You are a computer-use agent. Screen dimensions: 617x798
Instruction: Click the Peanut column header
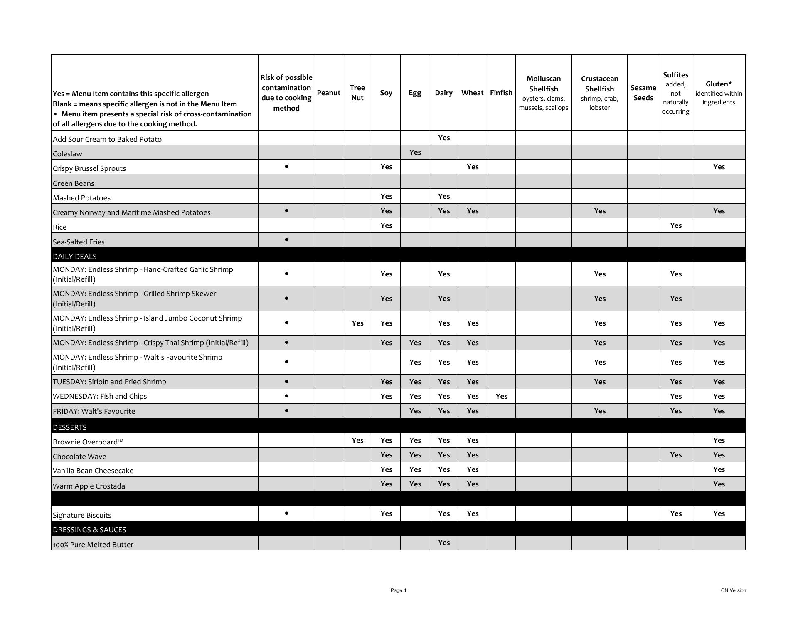328,93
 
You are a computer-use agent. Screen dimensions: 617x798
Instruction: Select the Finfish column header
501,93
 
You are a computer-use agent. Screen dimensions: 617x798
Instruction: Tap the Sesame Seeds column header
643,93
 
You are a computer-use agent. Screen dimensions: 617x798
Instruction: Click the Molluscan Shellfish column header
543,93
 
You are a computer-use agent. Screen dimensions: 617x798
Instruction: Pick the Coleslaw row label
67,154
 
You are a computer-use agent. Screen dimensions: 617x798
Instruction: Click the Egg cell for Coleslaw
415,152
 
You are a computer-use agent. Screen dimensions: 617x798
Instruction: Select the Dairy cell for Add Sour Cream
443,138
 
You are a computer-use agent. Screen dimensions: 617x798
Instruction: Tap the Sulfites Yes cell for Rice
675,225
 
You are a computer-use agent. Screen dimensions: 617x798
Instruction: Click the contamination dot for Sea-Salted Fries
286,240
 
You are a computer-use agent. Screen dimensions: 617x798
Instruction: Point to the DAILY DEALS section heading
75,257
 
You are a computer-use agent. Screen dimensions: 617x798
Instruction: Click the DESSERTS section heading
70,427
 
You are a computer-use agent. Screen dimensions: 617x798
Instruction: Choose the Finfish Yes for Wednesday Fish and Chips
501,396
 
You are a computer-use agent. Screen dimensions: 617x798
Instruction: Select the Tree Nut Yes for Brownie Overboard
357,440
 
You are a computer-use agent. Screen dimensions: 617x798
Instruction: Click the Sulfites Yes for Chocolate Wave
675,455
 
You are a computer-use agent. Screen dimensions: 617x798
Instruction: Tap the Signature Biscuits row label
82,515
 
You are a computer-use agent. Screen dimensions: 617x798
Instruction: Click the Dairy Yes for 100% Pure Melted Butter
443,543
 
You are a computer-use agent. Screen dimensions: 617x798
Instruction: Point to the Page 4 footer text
398,590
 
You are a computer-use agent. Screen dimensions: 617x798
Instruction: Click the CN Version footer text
733,590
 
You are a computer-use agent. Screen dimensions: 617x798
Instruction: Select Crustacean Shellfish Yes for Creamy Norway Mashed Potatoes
599,211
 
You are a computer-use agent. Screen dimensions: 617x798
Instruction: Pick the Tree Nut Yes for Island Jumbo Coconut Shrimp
357,323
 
